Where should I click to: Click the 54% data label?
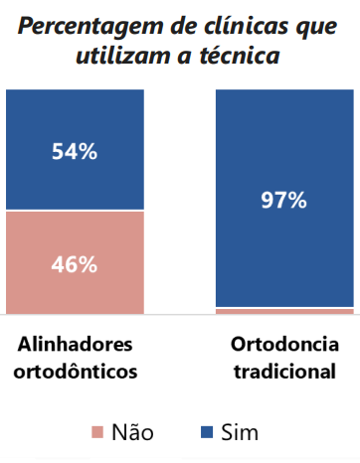coord(75,151)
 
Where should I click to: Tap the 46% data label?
coord(75,264)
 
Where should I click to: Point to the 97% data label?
coord(283,199)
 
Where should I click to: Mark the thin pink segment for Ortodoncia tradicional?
coord(283,311)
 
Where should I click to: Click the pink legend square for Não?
coord(97,432)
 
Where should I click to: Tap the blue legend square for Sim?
coord(207,432)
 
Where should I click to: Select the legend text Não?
coord(131,431)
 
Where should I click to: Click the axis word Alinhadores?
coord(75,345)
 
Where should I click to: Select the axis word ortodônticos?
coord(75,372)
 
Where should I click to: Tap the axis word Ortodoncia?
coord(284,345)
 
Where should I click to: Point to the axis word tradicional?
coord(284,372)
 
